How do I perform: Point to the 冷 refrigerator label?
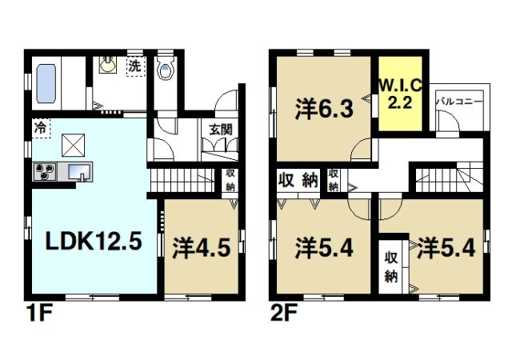pyautogui.click(x=40, y=127)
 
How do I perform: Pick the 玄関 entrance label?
pyautogui.click(x=222, y=130)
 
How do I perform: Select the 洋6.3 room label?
pyautogui.click(x=321, y=108)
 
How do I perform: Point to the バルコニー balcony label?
pyautogui.click(x=458, y=102)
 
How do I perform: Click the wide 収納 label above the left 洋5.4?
pyautogui.click(x=298, y=180)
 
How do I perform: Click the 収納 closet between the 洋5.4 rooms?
pyautogui.click(x=390, y=267)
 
